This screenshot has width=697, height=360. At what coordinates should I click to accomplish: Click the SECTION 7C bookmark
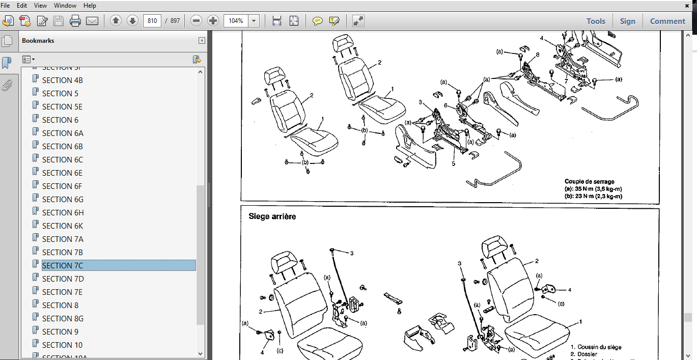click(x=62, y=265)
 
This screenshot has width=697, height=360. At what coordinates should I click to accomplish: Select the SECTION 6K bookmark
click(x=62, y=226)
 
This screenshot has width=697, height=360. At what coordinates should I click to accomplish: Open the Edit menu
click(x=22, y=6)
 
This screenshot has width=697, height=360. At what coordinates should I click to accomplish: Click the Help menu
click(x=90, y=6)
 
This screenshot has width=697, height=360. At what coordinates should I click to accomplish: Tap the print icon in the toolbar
click(x=75, y=21)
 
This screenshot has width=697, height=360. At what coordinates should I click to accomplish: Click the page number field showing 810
click(x=152, y=21)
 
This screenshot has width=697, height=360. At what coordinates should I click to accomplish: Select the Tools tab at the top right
click(x=596, y=21)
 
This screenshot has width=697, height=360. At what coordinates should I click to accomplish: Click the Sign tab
click(x=627, y=21)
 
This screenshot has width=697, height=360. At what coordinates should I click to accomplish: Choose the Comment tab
click(x=667, y=21)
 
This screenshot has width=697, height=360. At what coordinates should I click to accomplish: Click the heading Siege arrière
click(x=272, y=216)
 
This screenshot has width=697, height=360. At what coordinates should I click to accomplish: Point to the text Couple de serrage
click(x=589, y=181)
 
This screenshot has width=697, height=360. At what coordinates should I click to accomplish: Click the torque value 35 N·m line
click(x=593, y=189)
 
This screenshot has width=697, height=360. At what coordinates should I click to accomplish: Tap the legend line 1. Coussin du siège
click(x=599, y=347)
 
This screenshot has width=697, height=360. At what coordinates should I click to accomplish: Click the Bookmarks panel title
click(x=38, y=41)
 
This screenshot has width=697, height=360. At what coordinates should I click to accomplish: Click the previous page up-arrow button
click(x=116, y=21)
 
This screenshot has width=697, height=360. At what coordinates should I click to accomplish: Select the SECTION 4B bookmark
click(x=62, y=80)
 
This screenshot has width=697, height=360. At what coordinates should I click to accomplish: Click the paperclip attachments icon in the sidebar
click(x=7, y=85)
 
